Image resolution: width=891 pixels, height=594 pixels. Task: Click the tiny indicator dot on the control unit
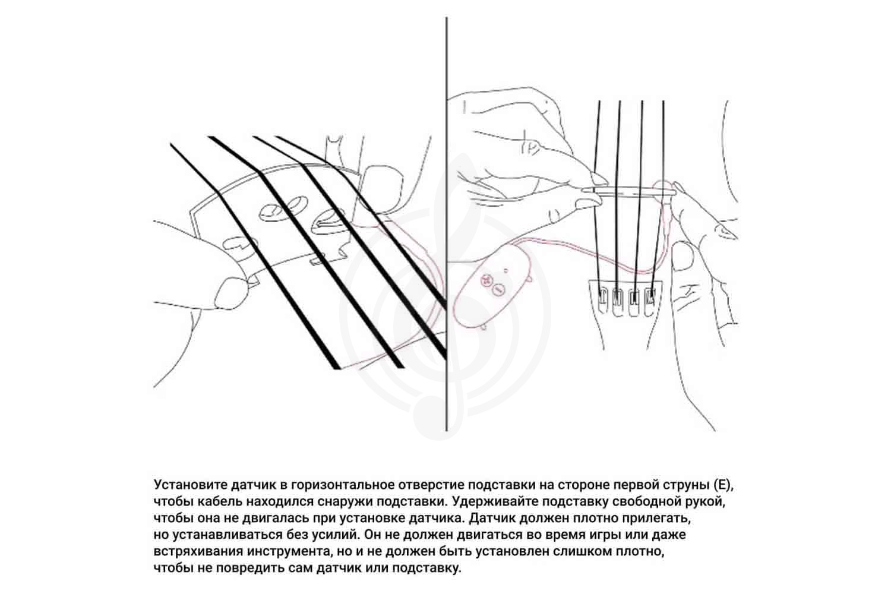[x=505, y=271]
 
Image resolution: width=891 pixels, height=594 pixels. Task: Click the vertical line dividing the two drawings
[x=446, y=224]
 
